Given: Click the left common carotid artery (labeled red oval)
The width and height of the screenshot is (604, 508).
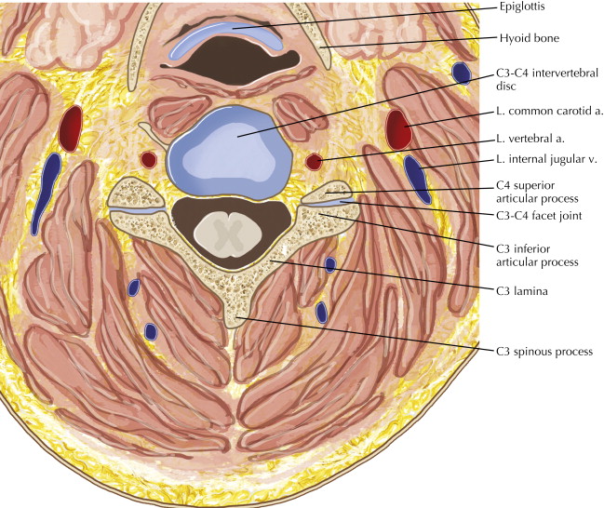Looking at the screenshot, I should [397, 129].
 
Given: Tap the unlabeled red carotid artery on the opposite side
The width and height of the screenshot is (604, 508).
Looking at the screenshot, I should [70, 128].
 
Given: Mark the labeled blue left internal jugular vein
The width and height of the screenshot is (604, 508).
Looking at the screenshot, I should [417, 180].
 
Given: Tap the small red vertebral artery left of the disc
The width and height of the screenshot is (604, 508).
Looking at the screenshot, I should [148, 159].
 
